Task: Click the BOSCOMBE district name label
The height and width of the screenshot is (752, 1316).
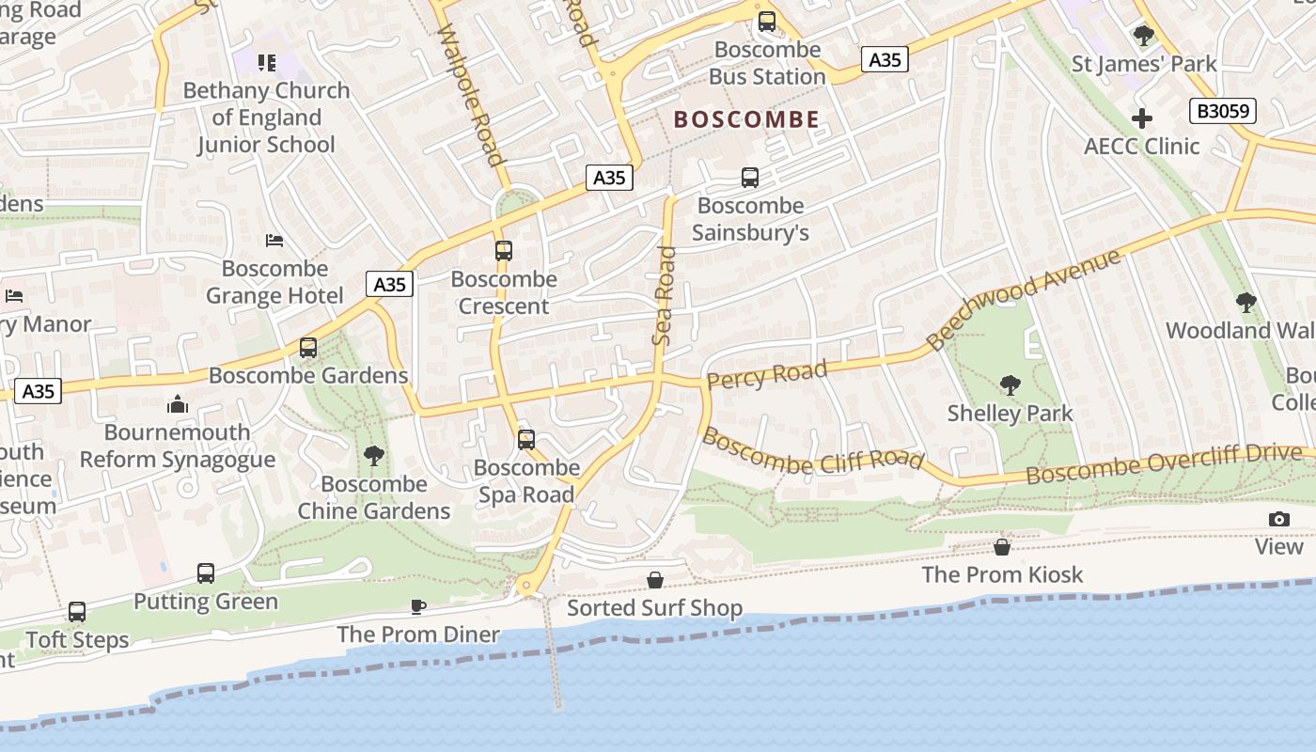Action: [746, 119]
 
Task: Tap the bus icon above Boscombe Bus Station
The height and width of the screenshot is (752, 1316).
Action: [767, 21]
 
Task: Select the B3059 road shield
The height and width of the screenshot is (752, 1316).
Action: [1223, 111]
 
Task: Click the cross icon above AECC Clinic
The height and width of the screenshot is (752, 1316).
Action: [1142, 118]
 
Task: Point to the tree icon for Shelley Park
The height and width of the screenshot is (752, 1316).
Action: [1010, 384]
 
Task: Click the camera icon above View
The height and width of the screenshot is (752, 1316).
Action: [1278, 519]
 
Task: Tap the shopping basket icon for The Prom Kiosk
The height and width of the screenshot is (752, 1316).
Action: [1002, 546]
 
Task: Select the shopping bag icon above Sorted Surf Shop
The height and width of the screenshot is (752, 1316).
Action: [654, 580]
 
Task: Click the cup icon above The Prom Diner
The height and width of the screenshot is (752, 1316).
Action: [418, 606]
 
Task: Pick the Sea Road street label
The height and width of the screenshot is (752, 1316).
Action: [665, 294]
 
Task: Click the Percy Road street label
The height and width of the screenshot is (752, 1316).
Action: [767, 374]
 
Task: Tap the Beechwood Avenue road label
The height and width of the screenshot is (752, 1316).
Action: [1024, 299]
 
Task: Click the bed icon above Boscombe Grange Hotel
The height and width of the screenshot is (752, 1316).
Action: [274, 241]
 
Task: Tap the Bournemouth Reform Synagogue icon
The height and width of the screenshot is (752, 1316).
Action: [178, 404]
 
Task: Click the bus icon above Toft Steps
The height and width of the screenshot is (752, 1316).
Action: [77, 612]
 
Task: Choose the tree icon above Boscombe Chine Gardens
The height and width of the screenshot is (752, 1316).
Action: [374, 456]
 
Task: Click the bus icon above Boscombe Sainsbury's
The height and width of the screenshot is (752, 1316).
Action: [750, 177]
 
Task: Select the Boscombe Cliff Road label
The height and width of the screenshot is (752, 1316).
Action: [813, 451]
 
